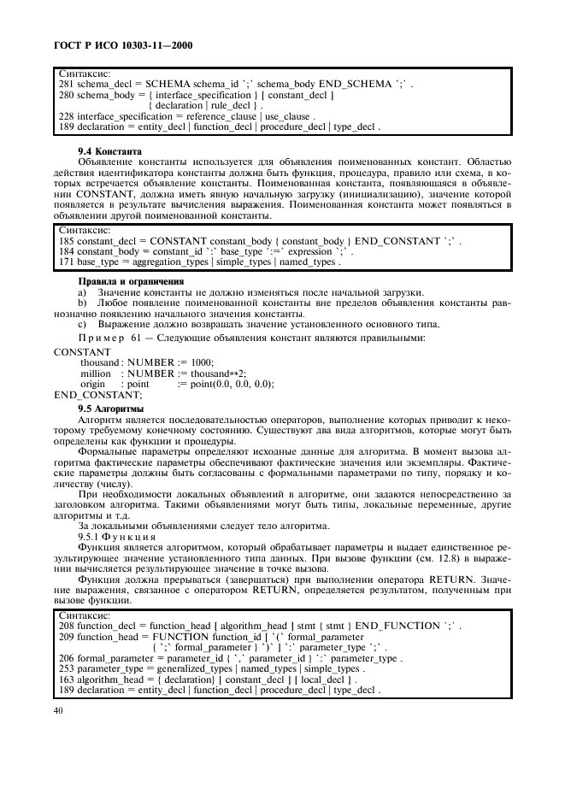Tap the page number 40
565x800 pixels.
[58, 711]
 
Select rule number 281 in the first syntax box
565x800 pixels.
[66, 85]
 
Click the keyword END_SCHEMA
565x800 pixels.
[354, 85]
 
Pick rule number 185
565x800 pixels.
[66, 242]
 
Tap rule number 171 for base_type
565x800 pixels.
[66, 262]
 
